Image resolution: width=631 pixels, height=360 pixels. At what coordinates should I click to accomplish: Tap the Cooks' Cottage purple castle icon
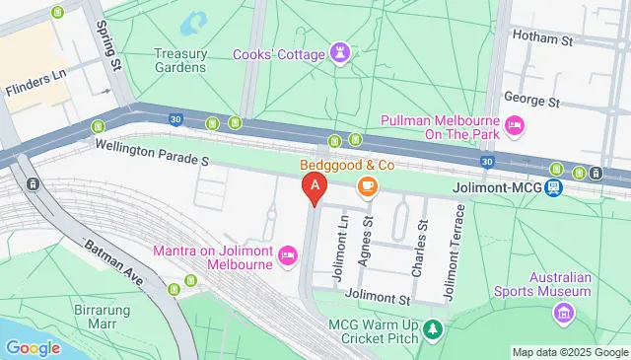click(x=341, y=50)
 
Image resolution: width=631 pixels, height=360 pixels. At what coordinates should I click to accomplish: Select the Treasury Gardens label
click(x=179, y=61)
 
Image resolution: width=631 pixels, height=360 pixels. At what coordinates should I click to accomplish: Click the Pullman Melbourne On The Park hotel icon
click(x=514, y=125)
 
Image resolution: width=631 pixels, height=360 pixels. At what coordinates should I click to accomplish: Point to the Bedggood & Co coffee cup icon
click(x=367, y=185)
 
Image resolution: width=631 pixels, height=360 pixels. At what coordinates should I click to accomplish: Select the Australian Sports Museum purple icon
click(x=563, y=314)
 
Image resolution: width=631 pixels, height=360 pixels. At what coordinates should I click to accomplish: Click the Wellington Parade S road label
click(x=153, y=151)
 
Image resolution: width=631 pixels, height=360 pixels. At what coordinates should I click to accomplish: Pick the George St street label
click(x=531, y=100)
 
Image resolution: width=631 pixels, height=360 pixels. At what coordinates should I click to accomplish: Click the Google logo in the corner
click(x=34, y=347)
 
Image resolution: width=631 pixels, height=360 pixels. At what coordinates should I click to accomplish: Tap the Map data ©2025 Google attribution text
click(x=569, y=352)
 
